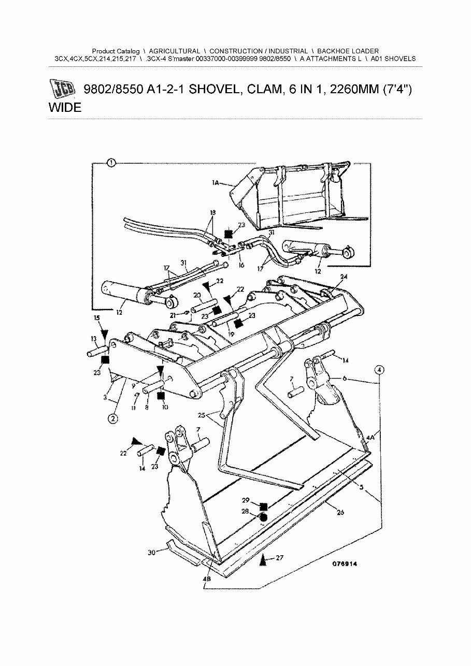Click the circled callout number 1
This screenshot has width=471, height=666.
point(111,164)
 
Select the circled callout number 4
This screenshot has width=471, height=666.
point(380,370)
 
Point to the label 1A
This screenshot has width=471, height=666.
point(216,182)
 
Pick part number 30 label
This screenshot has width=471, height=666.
point(151,553)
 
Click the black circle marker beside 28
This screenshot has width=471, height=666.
point(263,517)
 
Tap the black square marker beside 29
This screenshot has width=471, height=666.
point(263,506)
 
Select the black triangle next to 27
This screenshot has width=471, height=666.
point(264,559)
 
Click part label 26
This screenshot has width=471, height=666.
point(340,513)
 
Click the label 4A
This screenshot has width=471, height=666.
point(370,438)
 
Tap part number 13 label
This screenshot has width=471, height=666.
point(94,339)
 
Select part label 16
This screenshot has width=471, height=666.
point(241,265)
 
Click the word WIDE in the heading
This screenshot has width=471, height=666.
point(65,108)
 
